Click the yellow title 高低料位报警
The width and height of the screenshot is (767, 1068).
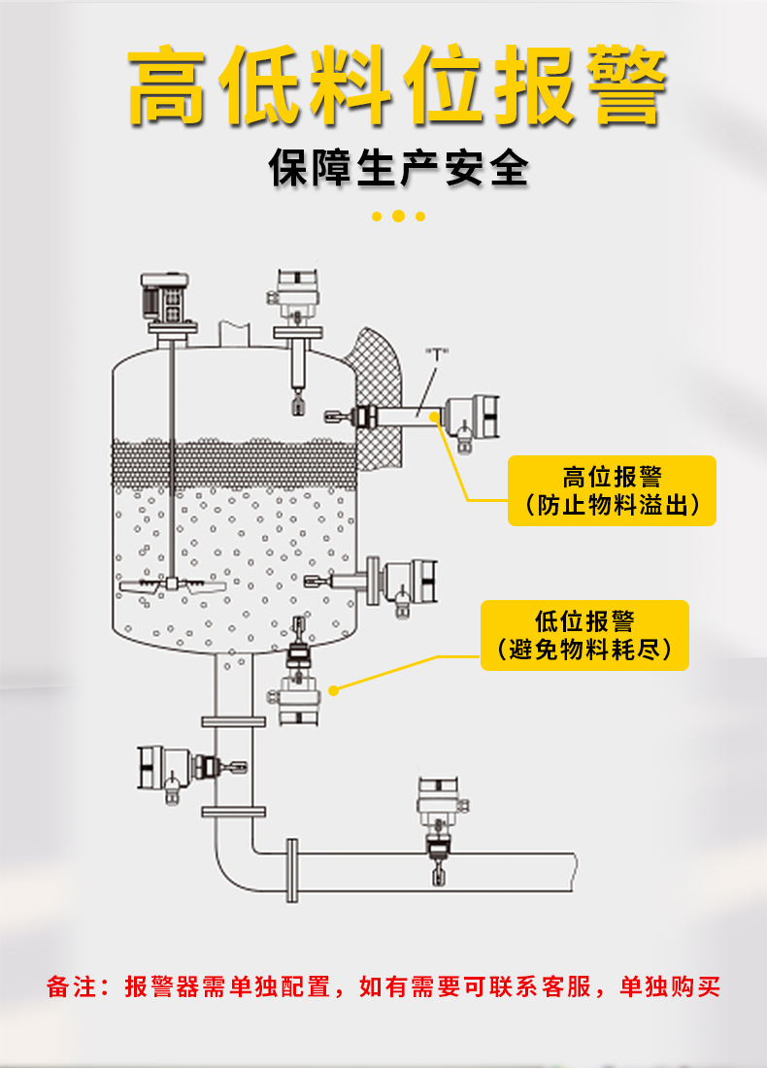[397, 85]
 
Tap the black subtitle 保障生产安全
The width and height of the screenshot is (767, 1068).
[398, 168]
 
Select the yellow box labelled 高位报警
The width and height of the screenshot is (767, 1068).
[612, 490]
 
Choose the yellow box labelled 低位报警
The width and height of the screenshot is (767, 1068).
[584, 635]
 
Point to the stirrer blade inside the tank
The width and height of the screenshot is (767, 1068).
[172, 586]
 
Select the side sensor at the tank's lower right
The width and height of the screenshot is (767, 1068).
[371, 584]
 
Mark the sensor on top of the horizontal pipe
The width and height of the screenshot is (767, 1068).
[442, 830]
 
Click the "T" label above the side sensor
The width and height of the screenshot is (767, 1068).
[437, 352]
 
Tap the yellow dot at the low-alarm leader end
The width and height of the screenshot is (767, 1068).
[333, 690]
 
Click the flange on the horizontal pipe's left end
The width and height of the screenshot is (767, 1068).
[292, 871]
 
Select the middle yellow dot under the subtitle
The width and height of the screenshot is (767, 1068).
[398, 217]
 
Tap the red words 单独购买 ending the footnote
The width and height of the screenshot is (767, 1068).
[670, 986]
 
